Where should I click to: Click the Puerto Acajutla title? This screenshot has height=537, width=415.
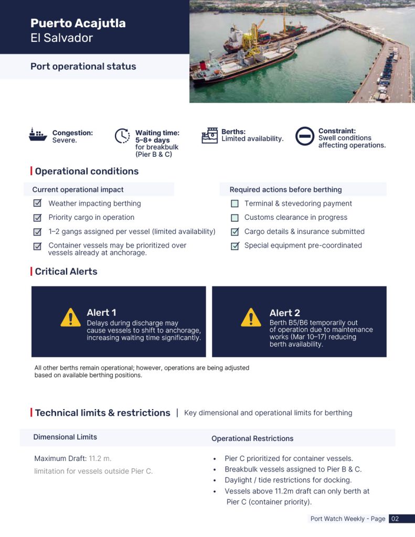[78, 23]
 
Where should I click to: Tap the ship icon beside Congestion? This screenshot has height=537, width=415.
[38, 135]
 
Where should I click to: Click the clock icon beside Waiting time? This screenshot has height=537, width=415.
[122, 136]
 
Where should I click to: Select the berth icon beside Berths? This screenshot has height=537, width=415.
[209, 135]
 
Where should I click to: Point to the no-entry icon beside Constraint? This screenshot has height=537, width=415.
[304, 136]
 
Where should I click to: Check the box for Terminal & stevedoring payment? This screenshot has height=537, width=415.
[235, 203]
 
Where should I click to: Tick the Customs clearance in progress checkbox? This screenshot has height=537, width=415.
[235, 218]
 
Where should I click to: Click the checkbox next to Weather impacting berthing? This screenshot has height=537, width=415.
[37, 203]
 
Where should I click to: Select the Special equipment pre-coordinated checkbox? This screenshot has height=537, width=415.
[235, 245]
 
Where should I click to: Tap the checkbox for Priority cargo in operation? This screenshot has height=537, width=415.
[37, 218]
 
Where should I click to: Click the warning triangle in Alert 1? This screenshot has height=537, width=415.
[71, 318]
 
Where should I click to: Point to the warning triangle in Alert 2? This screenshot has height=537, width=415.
[251, 318]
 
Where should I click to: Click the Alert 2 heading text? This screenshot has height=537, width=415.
[285, 313]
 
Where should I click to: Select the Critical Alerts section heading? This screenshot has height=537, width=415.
[66, 271]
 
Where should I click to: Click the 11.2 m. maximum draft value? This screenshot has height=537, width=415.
[100, 458]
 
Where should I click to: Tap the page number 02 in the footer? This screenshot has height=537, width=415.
[395, 519]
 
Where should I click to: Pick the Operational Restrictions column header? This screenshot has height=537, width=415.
[252, 438]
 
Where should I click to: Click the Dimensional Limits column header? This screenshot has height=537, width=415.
[65, 437]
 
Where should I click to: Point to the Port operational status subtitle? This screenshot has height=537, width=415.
[83, 67]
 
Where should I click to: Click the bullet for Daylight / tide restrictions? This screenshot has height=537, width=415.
[215, 480]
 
